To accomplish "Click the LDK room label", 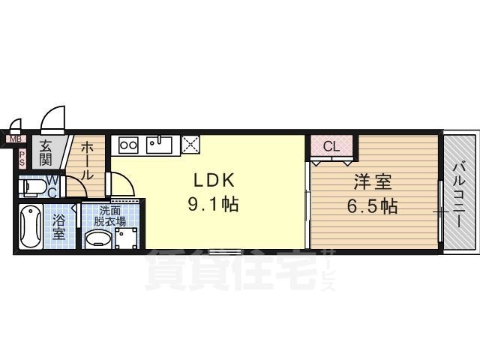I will (x=215, y=181).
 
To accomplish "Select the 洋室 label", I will (x=373, y=182).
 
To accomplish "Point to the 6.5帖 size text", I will (x=373, y=205).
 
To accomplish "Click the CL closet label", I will (x=332, y=147).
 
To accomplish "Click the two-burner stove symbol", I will (x=127, y=144).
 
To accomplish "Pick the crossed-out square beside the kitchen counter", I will (x=190, y=144).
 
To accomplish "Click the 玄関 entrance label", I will (x=46, y=153).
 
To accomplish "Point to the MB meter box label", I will (x=15, y=139).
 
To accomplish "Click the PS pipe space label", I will (x=22, y=158).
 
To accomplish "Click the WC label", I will (x=53, y=186).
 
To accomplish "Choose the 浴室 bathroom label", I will (x=59, y=226).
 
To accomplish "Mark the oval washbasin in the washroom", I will (x=98, y=240).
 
